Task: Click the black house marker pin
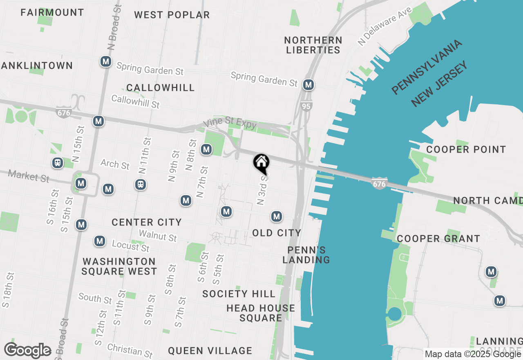tap(261, 164)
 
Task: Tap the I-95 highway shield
tap(306, 106)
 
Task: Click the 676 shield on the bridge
tap(379, 184)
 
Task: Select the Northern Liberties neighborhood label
tap(313, 45)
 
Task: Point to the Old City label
tap(277, 233)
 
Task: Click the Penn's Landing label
tap(306, 255)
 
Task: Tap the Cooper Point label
tap(466, 149)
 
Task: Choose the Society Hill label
tap(239, 294)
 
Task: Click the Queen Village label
tap(210, 351)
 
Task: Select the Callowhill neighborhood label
tap(161, 88)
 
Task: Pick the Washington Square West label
tap(119, 266)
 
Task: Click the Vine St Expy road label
tap(230, 125)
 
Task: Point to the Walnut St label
tap(158, 236)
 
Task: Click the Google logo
tap(27, 351)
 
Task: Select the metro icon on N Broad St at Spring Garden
tap(106, 62)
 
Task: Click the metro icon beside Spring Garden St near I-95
tap(308, 85)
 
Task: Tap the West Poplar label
tap(172, 15)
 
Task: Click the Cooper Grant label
tap(438, 239)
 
